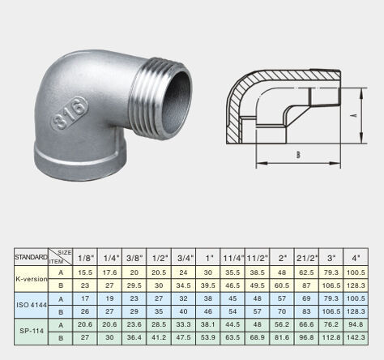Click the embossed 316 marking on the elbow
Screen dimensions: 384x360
pos(70,113)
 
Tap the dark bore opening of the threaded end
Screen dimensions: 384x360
pos(176,101)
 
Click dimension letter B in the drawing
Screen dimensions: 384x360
pos(298,155)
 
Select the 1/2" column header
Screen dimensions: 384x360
pos(159,258)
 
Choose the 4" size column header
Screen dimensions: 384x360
pos(356,258)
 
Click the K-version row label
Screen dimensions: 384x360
pos(32,279)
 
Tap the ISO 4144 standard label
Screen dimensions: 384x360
pos(32,305)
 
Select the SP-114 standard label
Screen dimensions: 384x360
pos(32,331)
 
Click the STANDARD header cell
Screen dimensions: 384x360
pos(31,257)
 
